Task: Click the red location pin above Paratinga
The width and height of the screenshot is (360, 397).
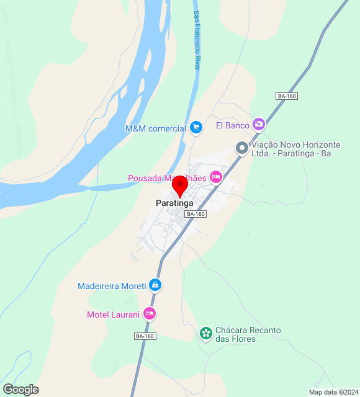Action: click(x=180, y=185)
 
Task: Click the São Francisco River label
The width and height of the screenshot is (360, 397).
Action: click(x=197, y=40)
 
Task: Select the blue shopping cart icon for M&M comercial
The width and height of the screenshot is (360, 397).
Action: click(x=196, y=128)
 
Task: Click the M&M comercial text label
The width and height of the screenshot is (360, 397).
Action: click(x=156, y=128)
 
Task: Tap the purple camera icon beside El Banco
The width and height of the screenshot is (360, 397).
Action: click(x=259, y=125)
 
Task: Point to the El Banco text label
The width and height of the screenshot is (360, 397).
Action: click(x=232, y=125)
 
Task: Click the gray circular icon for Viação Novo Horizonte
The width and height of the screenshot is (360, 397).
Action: click(x=241, y=148)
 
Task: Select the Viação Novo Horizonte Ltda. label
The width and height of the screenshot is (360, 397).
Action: click(x=296, y=149)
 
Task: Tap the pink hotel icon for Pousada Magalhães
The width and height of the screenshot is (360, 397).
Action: click(x=216, y=177)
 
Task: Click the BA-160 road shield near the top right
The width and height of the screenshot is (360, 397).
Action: click(x=287, y=96)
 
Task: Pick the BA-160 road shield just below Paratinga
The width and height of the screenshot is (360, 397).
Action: click(x=196, y=214)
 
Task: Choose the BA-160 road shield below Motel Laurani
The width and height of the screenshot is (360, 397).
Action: click(x=144, y=336)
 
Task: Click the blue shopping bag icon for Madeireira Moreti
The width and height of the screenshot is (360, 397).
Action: click(x=155, y=285)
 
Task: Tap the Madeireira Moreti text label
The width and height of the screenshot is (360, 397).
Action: click(x=112, y=286)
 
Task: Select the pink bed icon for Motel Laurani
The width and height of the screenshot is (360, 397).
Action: click(x=149, y=314)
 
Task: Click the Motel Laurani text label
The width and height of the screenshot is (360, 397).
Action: click(x=114, y=314)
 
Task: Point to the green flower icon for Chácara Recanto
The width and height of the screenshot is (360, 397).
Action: click(x=205, y=334)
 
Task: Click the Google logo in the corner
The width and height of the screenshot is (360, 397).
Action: click(x=20, y=390)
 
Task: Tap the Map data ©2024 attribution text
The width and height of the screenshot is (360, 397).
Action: click(x=333, y=392)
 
